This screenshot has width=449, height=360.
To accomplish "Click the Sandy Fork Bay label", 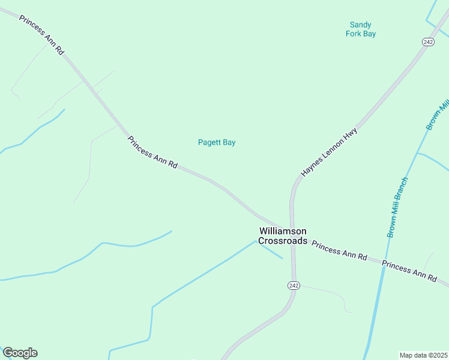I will (x=360, y=29).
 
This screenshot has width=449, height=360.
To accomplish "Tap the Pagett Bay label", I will (x=217, y=143).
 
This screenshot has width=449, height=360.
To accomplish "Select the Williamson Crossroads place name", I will (x=283, y=236).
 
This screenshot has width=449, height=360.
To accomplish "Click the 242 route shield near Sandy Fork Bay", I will (x=428, y=41).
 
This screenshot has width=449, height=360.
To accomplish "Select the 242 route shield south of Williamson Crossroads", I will (x=293, y=285).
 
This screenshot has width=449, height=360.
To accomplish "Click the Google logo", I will (x=20, y=353).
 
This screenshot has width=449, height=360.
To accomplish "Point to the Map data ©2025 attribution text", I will (x=424, y=355).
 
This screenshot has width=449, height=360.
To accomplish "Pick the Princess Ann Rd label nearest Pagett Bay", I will (x=152, y=152).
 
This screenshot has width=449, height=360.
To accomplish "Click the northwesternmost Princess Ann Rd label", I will (x=41, y=35).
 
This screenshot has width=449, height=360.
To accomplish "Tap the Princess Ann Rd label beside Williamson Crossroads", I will (x=339, y=251).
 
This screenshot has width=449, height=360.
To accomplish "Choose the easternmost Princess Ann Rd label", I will (x=409, y=271).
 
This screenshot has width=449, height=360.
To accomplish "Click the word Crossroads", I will (x=283, y=241).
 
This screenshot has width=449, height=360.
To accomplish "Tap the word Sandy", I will (x=360, y=25).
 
